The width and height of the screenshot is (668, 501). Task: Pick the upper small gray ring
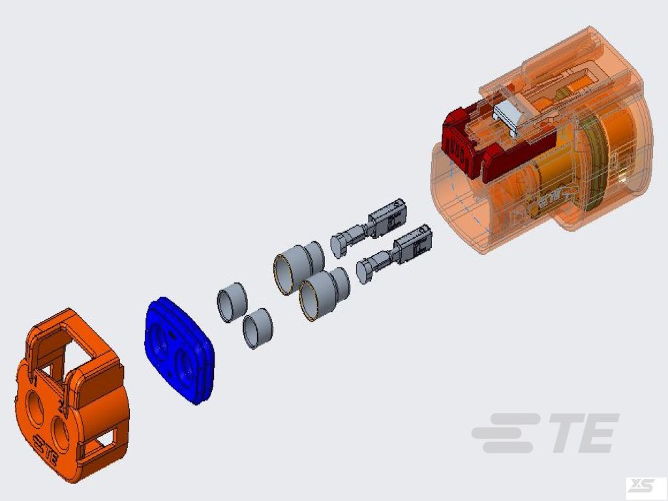232,302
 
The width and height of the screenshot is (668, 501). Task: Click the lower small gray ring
258,328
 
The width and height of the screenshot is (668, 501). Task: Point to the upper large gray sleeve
299,267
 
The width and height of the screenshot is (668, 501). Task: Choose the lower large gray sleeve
324,294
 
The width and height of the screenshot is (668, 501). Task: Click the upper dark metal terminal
369,228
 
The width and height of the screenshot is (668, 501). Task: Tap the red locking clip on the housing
490,141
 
